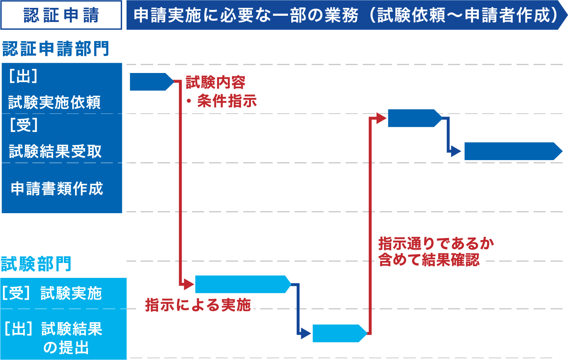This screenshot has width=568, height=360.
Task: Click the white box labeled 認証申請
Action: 61,15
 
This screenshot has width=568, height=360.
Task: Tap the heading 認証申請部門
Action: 56,49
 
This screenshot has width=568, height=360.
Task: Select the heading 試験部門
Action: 36,264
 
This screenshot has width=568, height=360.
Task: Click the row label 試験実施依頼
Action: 54,102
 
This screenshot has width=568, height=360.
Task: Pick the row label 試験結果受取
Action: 55,151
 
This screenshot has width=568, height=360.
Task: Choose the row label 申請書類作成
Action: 57,189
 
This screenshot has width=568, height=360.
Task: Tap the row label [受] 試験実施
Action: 51,293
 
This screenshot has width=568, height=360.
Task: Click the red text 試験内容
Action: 215,83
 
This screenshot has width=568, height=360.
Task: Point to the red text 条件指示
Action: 227,102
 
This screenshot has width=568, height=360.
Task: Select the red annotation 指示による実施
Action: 198,305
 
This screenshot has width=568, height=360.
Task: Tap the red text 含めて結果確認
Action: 429,260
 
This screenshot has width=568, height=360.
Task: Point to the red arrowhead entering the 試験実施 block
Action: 189,285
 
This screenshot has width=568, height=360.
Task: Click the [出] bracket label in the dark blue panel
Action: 23,77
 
